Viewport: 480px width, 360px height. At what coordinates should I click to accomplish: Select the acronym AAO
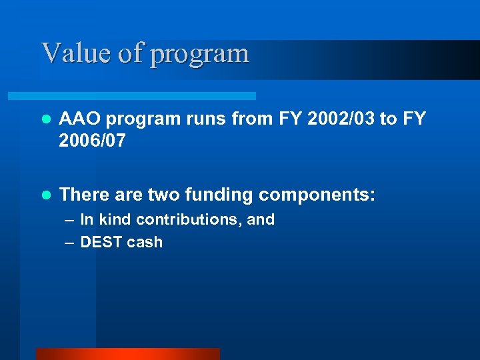point(80,119)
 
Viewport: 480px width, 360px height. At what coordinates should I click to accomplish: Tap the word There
point(84,195)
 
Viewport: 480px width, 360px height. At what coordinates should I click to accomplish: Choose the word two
point(165,195)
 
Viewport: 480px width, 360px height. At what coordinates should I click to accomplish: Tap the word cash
point(145,242)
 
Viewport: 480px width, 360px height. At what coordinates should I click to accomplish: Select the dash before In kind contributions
point(69,220)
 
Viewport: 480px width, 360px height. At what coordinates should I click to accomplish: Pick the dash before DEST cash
point(69,243)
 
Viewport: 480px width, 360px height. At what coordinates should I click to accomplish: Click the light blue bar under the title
point(147,96)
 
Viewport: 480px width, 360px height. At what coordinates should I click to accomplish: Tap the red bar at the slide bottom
point(127,354)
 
